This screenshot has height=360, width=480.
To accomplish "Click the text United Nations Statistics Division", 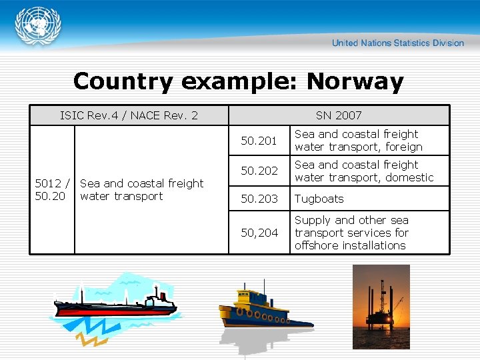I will point(397,43).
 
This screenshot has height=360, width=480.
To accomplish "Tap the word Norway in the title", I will point(355,81).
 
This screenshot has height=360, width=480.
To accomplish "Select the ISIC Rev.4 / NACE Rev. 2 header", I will point(129,115).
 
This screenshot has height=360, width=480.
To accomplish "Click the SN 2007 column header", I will point(339,115).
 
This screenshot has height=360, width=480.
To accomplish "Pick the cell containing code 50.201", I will point(259,141).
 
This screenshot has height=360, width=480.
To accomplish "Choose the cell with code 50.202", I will point(259,171).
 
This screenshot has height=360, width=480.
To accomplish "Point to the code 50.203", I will point(259,199).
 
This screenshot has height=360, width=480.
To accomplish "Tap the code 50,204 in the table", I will point(259,233).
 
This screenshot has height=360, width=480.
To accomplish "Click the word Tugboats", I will point(319,199).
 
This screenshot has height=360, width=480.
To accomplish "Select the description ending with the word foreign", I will point(359,141).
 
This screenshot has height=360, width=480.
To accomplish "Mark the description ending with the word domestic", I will point(364,171).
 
